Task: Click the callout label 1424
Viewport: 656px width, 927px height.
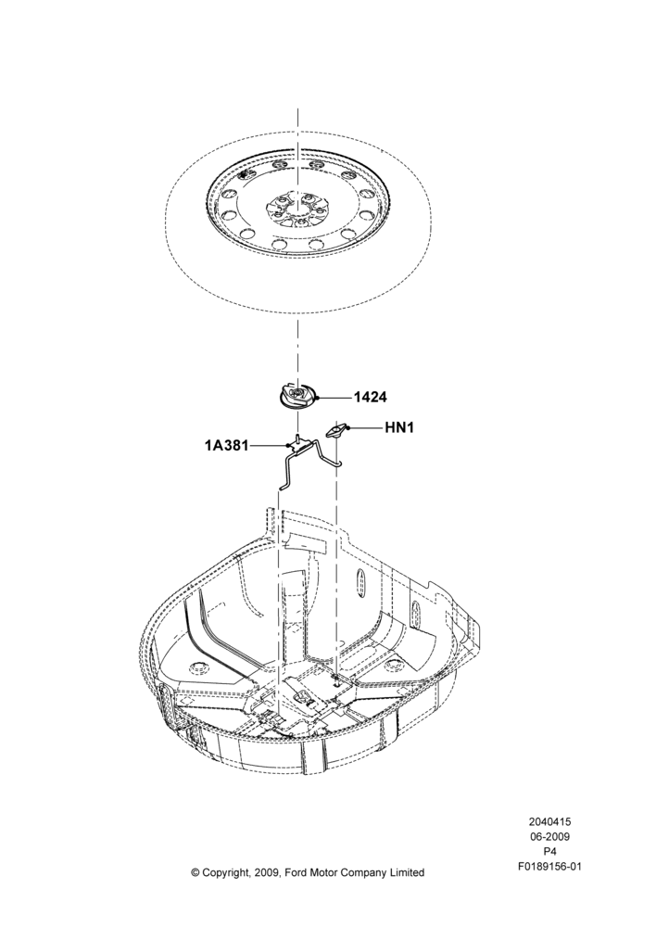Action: (371, 398)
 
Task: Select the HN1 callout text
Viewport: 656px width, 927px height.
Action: (399, 426)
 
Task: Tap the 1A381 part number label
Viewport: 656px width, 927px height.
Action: (227, 445)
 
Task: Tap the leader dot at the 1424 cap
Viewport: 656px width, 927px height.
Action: (318, 398)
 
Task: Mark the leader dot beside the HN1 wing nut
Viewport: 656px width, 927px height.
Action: (348, 426)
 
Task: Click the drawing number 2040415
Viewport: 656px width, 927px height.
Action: (549, 821)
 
